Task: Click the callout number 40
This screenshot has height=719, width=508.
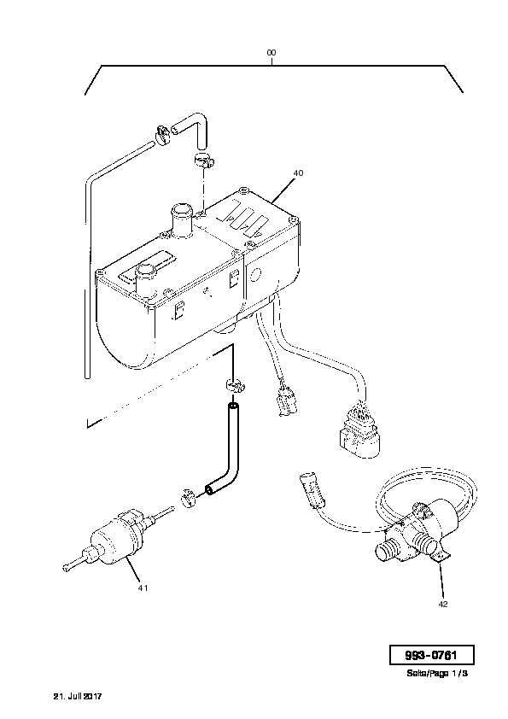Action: [x=298, y=172]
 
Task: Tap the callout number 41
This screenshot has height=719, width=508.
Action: [x=143, y=587]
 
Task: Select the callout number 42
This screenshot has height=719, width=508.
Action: [x=442, y=604]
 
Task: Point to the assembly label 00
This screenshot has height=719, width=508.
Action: [x=272, y=53]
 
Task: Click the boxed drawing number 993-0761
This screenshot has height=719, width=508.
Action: [x=431, y=655]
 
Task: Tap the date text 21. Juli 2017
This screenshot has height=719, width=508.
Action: [x=78, y=696]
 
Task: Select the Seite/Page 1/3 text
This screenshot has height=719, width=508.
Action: [x=437, y=674]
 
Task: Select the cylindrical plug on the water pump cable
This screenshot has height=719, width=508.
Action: [x=312, y=491]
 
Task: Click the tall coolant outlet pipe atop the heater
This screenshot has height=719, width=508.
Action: [x=182, y=221]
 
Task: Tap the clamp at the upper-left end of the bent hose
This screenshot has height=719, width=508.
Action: [x=162, y=133]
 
